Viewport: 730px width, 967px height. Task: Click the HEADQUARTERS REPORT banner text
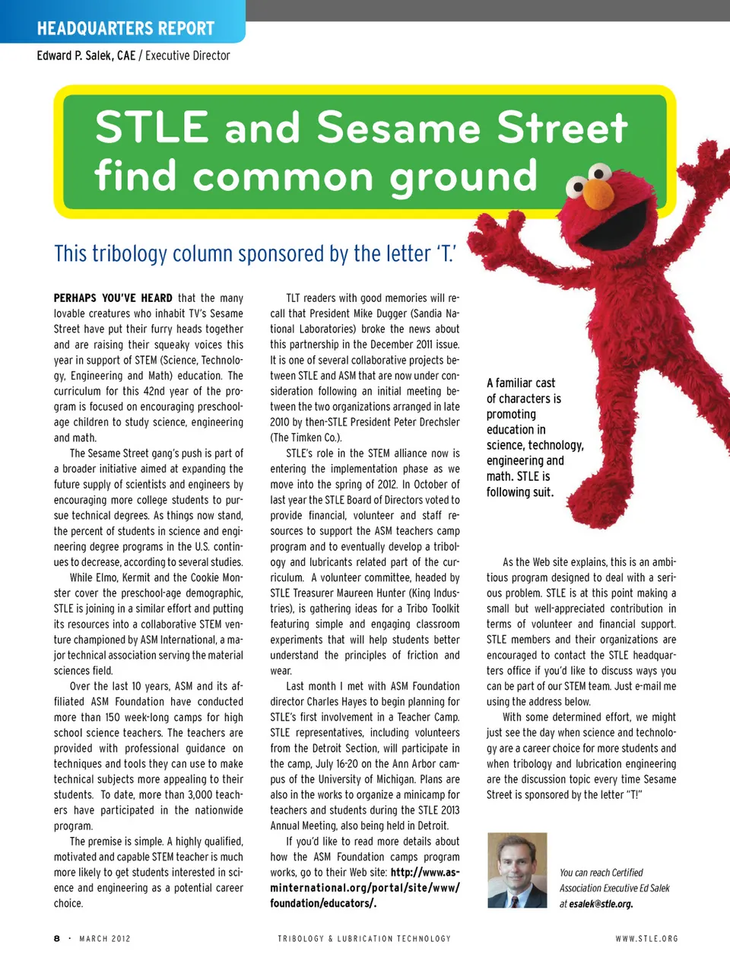(125, 29)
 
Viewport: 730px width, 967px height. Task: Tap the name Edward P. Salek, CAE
(86, 56)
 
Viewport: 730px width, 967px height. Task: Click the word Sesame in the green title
(398, 127)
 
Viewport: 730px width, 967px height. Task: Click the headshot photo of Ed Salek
(517, 870)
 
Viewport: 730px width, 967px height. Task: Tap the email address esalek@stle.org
(601, 904)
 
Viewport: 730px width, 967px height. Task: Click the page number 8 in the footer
(57, 939)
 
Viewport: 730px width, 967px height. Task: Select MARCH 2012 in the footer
(105, 939)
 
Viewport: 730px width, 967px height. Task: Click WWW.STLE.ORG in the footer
(646, 939)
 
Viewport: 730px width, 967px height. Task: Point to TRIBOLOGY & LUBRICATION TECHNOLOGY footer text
(364, 939)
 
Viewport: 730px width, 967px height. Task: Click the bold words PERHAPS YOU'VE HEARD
(113, 298)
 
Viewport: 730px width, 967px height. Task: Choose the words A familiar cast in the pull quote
(521, 383)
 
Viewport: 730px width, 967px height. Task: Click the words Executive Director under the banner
(188, 56)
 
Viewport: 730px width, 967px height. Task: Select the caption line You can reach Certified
(601, 873)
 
